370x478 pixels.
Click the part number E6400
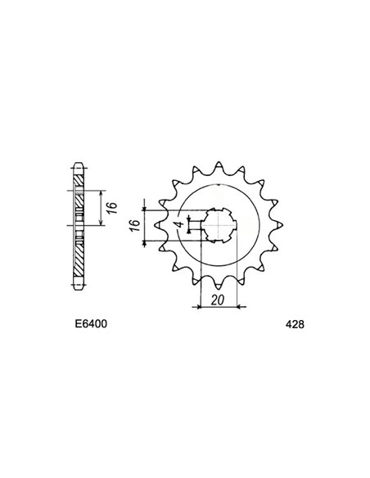86,324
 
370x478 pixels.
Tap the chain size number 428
293,324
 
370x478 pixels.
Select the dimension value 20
218,300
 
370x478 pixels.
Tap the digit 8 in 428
300,324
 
